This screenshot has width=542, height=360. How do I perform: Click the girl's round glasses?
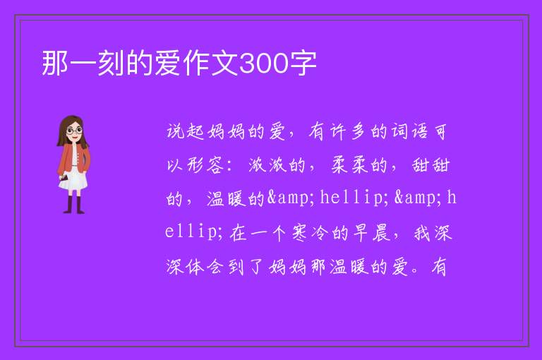coord(75,131)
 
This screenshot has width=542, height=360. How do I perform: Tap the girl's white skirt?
coord(73,180)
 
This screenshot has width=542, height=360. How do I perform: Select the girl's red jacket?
coord(73,159)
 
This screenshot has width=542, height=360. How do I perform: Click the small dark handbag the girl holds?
coord(64,178)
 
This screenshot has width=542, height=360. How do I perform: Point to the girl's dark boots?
coord(74,205)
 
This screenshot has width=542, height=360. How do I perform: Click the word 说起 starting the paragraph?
coord(186,131)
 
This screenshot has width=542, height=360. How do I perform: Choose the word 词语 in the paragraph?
coord(409,131)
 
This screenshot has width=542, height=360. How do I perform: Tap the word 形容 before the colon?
coord(206,165)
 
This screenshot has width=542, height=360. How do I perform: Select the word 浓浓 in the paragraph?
coord(267,165)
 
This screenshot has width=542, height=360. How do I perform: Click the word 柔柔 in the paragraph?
coord(349,165)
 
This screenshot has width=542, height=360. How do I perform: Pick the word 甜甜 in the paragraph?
coord(430,165)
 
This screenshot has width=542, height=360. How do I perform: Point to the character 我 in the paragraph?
coord(422,233)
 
